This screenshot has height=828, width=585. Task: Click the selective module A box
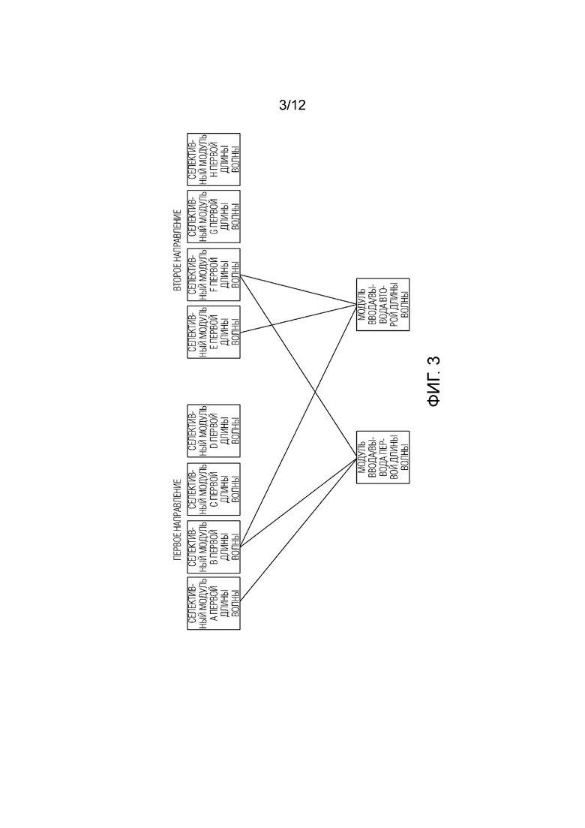[x=214, y=603]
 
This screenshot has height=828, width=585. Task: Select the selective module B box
[x=214, y=546]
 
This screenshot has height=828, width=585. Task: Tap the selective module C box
[x=214, y=489]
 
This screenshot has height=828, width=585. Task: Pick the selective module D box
[x=214, y=431]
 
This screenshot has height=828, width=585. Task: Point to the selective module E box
[x=214, y=332]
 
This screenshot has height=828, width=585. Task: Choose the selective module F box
[x=214, y=274]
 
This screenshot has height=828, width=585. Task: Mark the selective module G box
[x=214, y=217]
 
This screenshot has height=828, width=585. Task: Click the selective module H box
[x=214, y=160]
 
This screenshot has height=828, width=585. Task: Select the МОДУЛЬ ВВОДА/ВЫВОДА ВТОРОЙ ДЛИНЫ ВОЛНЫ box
[x=382, y=304]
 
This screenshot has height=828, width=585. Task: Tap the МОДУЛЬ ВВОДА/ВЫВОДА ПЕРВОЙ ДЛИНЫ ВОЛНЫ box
[x=382, y=456]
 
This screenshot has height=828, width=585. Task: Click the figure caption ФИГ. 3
[x=434, y=381]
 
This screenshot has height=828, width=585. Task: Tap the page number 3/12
[x=292, y=106]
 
